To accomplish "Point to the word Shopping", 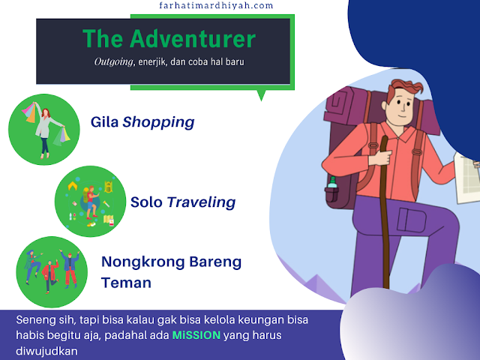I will tap(159, 121).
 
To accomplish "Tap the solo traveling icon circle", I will tap(89, 202).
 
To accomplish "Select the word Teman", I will tap(126, 283).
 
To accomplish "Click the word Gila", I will tap(105, 121).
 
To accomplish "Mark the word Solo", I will tap(146, 202).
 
